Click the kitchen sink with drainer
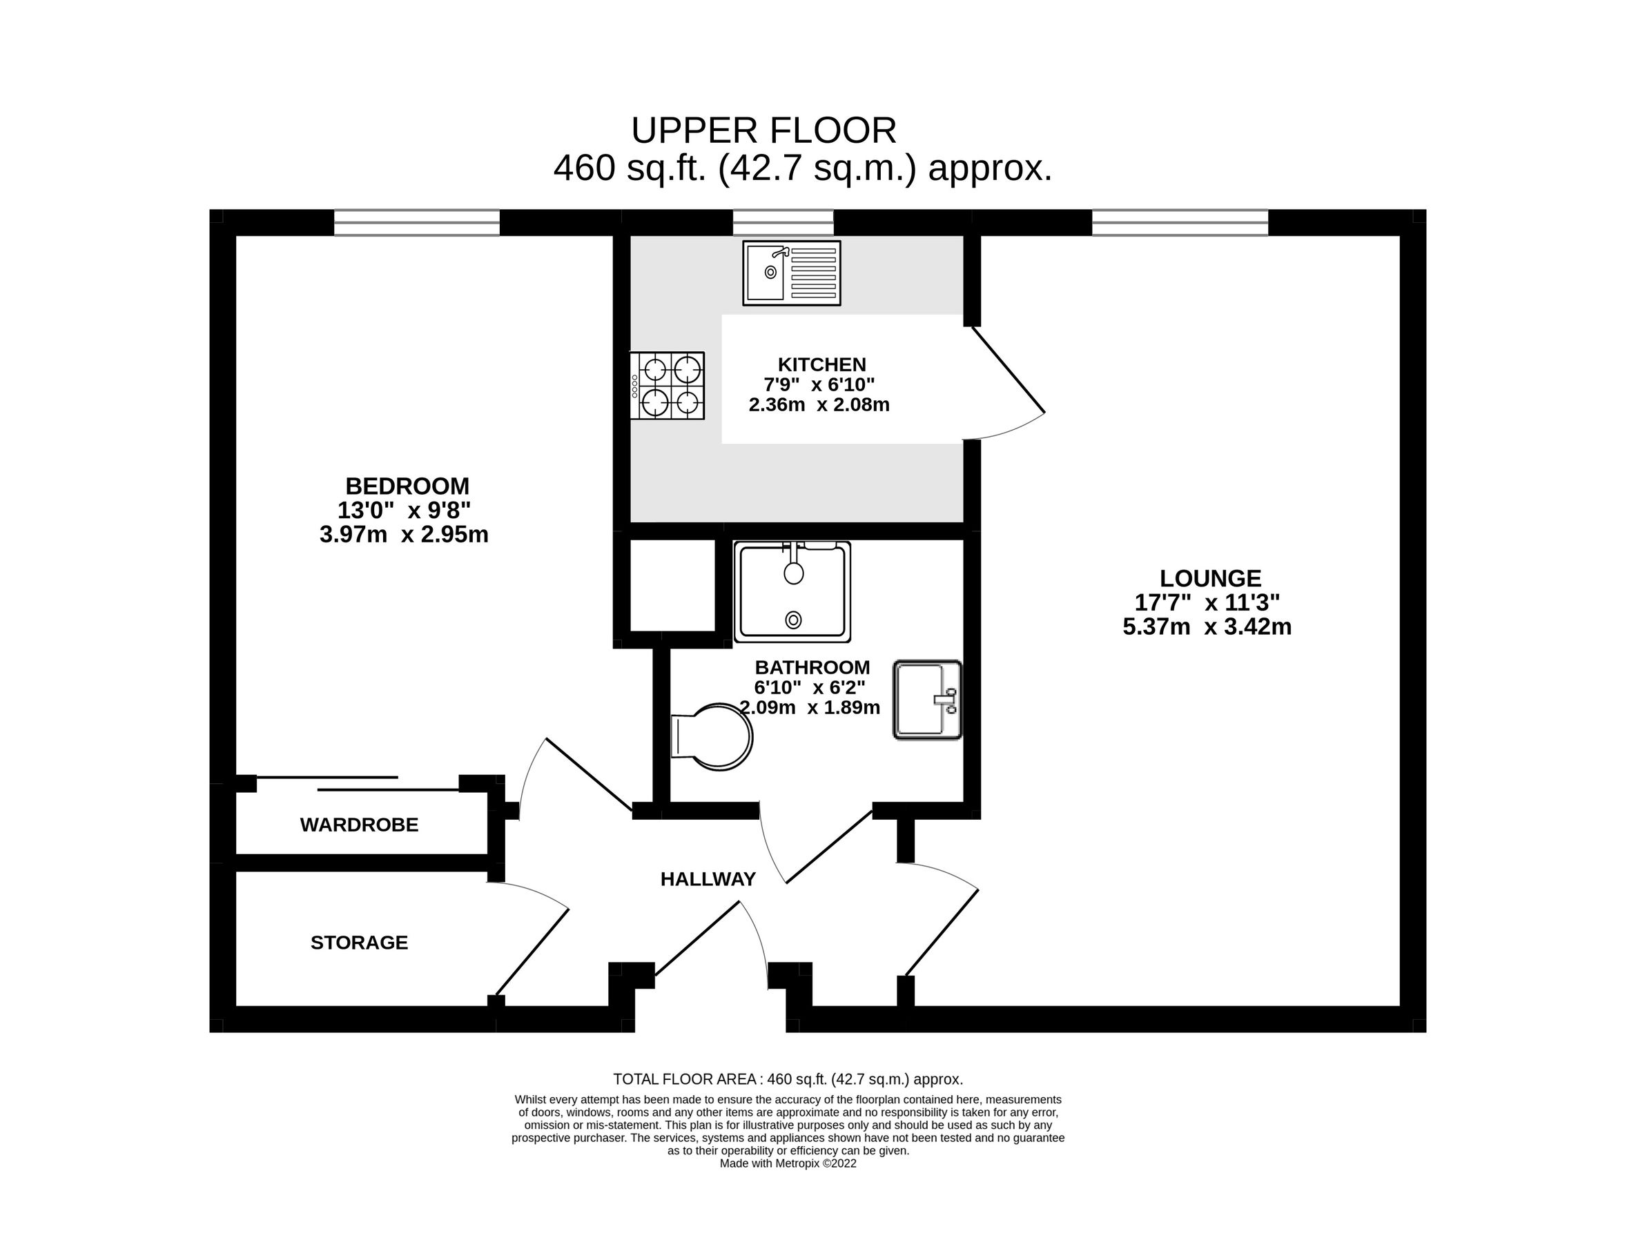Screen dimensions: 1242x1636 point(791,273)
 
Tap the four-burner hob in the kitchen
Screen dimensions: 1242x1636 point(667,385)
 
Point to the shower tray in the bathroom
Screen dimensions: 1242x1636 point(792,591)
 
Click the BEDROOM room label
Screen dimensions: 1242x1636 point(407,486)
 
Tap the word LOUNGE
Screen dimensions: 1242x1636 point(1210,578)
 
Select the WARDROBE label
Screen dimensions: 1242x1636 point(360,825)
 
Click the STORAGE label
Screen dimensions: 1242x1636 point(360,943)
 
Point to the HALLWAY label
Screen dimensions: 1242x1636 point(708,879)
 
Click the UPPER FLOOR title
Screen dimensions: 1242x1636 point(763,131)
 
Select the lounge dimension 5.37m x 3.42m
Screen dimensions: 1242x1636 point(1207,627)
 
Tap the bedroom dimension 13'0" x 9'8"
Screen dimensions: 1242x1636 point(404,510)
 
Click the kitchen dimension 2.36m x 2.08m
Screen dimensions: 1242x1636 point(819,405)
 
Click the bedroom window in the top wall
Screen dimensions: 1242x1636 point(416,222)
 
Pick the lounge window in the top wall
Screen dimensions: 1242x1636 point(1180,222)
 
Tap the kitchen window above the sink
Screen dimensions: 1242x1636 point(783,222)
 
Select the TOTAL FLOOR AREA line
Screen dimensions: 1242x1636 point(788,1079)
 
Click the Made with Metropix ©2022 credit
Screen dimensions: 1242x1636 point(788,1163)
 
